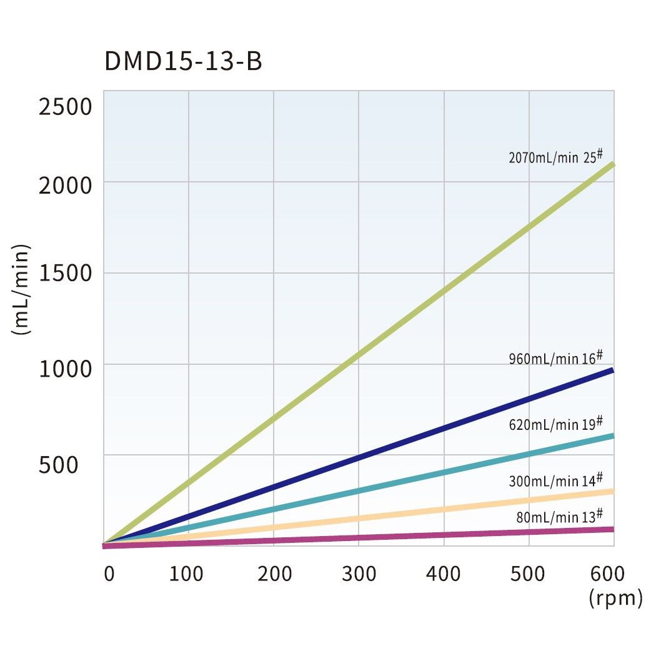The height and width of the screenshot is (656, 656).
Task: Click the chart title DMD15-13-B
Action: click(183, 62)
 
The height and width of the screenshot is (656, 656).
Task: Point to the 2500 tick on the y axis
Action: click(65, 107)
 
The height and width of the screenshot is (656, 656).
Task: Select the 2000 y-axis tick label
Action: click(65, 186)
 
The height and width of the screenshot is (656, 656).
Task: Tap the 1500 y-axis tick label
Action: click(65, 274)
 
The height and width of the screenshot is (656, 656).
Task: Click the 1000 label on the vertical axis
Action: click(65, 369)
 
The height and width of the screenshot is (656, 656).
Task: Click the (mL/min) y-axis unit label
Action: click(21, 290)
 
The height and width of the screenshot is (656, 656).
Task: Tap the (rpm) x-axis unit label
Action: click(615, 598)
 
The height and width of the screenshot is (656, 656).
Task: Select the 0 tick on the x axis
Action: click(109, 574)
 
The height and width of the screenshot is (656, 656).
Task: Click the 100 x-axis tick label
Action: click(186, 574)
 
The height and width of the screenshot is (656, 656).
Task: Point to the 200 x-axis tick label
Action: click(274, 574)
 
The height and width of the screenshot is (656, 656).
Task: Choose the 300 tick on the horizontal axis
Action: click(359, 574)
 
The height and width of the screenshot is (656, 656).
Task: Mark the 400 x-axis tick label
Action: click(443, 574)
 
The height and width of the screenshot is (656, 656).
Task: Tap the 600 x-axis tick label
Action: click(607, 574)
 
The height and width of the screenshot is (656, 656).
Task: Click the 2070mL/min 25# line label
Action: click(556, 156)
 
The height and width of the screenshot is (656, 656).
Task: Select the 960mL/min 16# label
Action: click(556, 358)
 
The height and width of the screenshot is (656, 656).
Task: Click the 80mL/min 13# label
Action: click(560, 516)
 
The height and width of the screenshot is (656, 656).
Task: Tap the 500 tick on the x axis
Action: click(529, 574)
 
